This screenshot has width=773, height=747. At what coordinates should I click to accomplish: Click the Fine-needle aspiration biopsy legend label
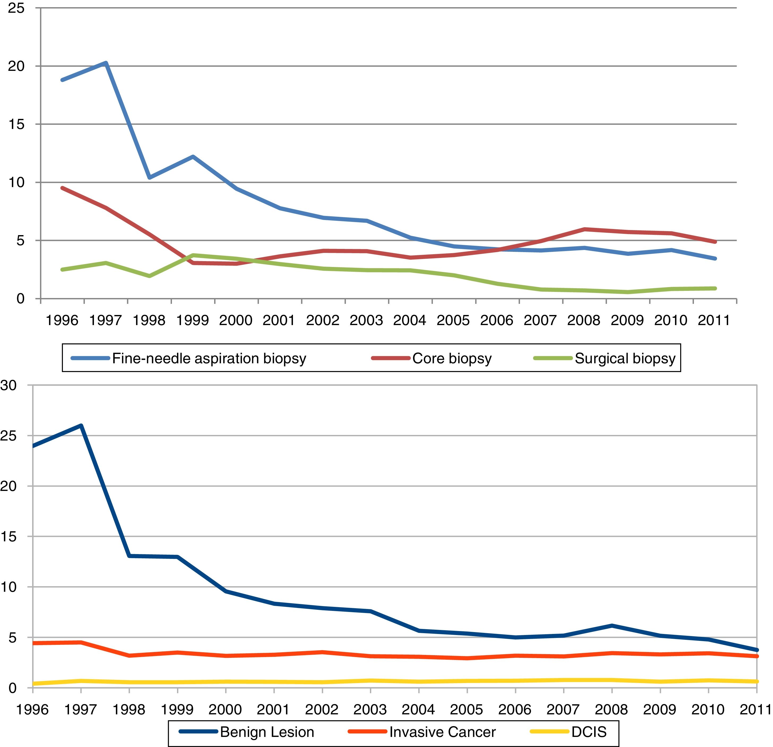(209, 359)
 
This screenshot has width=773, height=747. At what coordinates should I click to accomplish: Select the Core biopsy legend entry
(452, 359)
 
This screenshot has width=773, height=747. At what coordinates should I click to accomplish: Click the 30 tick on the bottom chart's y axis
(9, 385)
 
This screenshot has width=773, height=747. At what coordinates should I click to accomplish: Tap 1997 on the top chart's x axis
(106, 320)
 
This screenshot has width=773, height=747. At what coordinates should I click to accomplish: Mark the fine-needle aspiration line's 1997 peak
(106, 63)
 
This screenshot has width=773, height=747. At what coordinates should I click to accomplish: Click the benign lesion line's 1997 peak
(81, 426)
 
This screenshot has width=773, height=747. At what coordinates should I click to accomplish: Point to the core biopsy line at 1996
(63, 188)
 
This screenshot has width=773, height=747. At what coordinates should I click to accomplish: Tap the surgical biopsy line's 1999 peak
(193, 255)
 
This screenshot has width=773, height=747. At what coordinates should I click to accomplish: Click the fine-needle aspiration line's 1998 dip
(149, 178)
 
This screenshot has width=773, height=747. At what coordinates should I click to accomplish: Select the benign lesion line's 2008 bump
(612, 625)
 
